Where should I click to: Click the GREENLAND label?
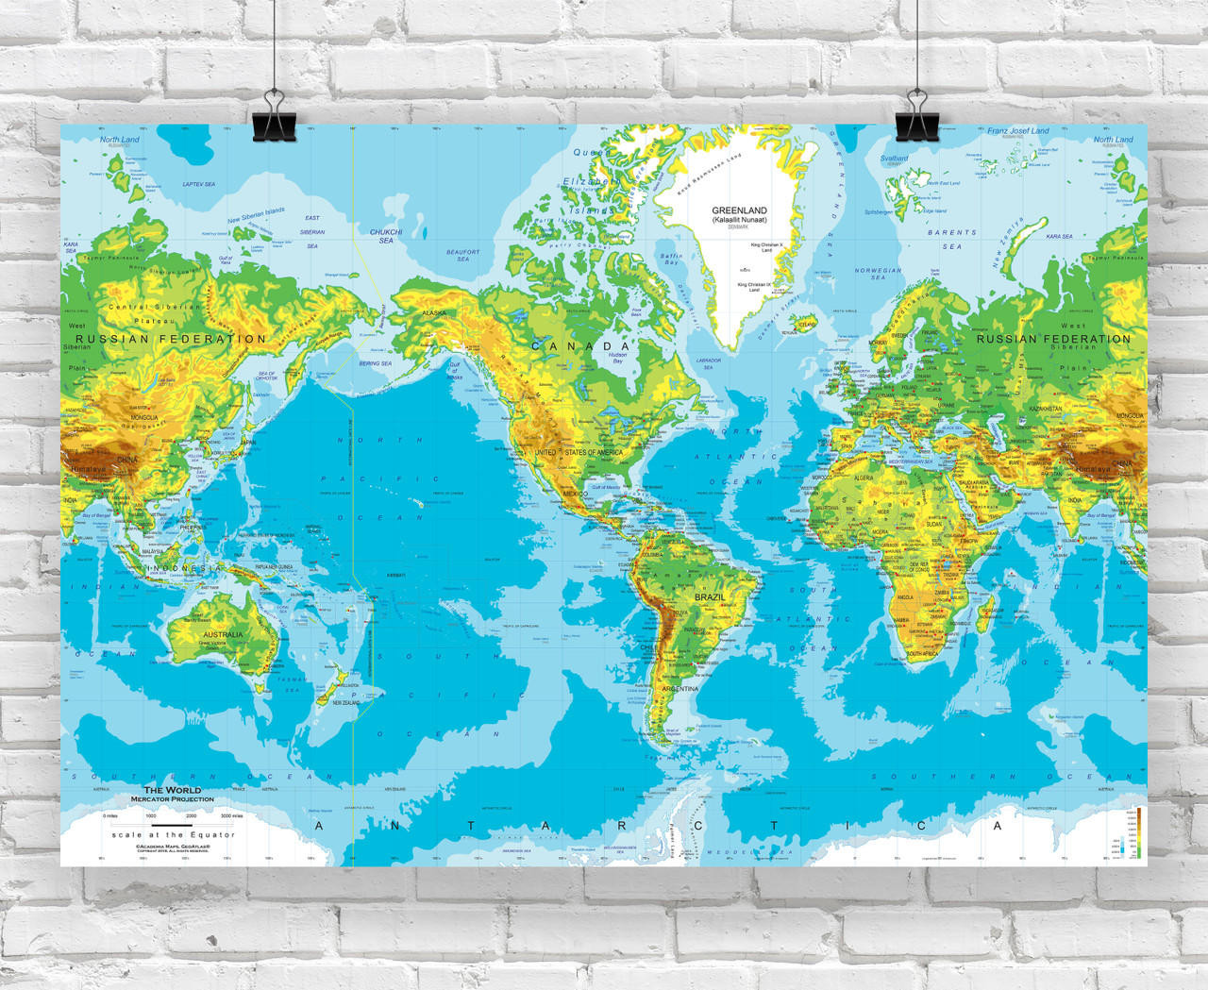tap(739, 210)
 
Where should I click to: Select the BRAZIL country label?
tap(711, 597)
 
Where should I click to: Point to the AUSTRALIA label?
tap(223, 634)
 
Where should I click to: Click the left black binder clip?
tap(274, 118)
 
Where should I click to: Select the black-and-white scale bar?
tap(172, 825)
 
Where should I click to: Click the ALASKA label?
tap(434, 312)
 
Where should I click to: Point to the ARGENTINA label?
tap(679, 690)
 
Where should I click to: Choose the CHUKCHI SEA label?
tap(386, 236)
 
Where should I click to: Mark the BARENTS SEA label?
tap(951, 239)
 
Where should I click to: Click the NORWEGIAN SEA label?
tap(879, 274)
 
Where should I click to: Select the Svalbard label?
tap(894, 159)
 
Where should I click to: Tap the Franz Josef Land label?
tap(1017, 131)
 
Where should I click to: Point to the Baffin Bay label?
tap(671, 259)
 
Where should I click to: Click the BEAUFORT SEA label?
tap(462, 255)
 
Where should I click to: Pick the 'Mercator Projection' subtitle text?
tap(172, 799)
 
